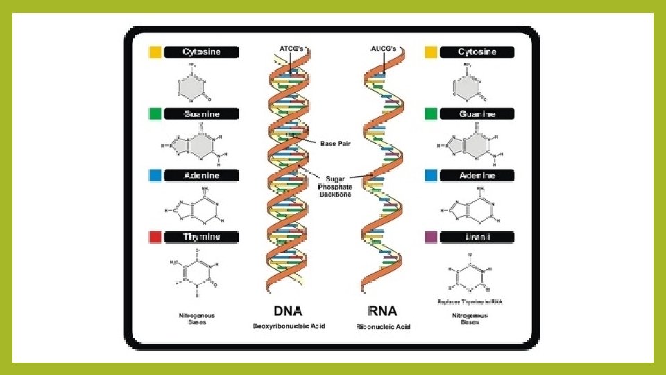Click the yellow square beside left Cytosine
(x=155, y=52)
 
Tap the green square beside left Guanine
(x=155, y=114)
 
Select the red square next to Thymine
(x=155, y=237)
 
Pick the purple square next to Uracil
(x=430, y=237)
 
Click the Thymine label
(x=201, y=237)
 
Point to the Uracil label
(x=477, y=237)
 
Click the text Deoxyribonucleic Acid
(x=288, y=326)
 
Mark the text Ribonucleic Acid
(x=383, y=326)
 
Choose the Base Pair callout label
(x=336, y=144)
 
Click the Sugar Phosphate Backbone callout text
(x=336, y=186)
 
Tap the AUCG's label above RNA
(x=382, y=47)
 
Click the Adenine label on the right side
(x=477, y=176)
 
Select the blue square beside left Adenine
(x=155, y=176)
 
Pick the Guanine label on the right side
(x=477, y=114)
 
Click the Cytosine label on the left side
(x=201, y=52)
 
